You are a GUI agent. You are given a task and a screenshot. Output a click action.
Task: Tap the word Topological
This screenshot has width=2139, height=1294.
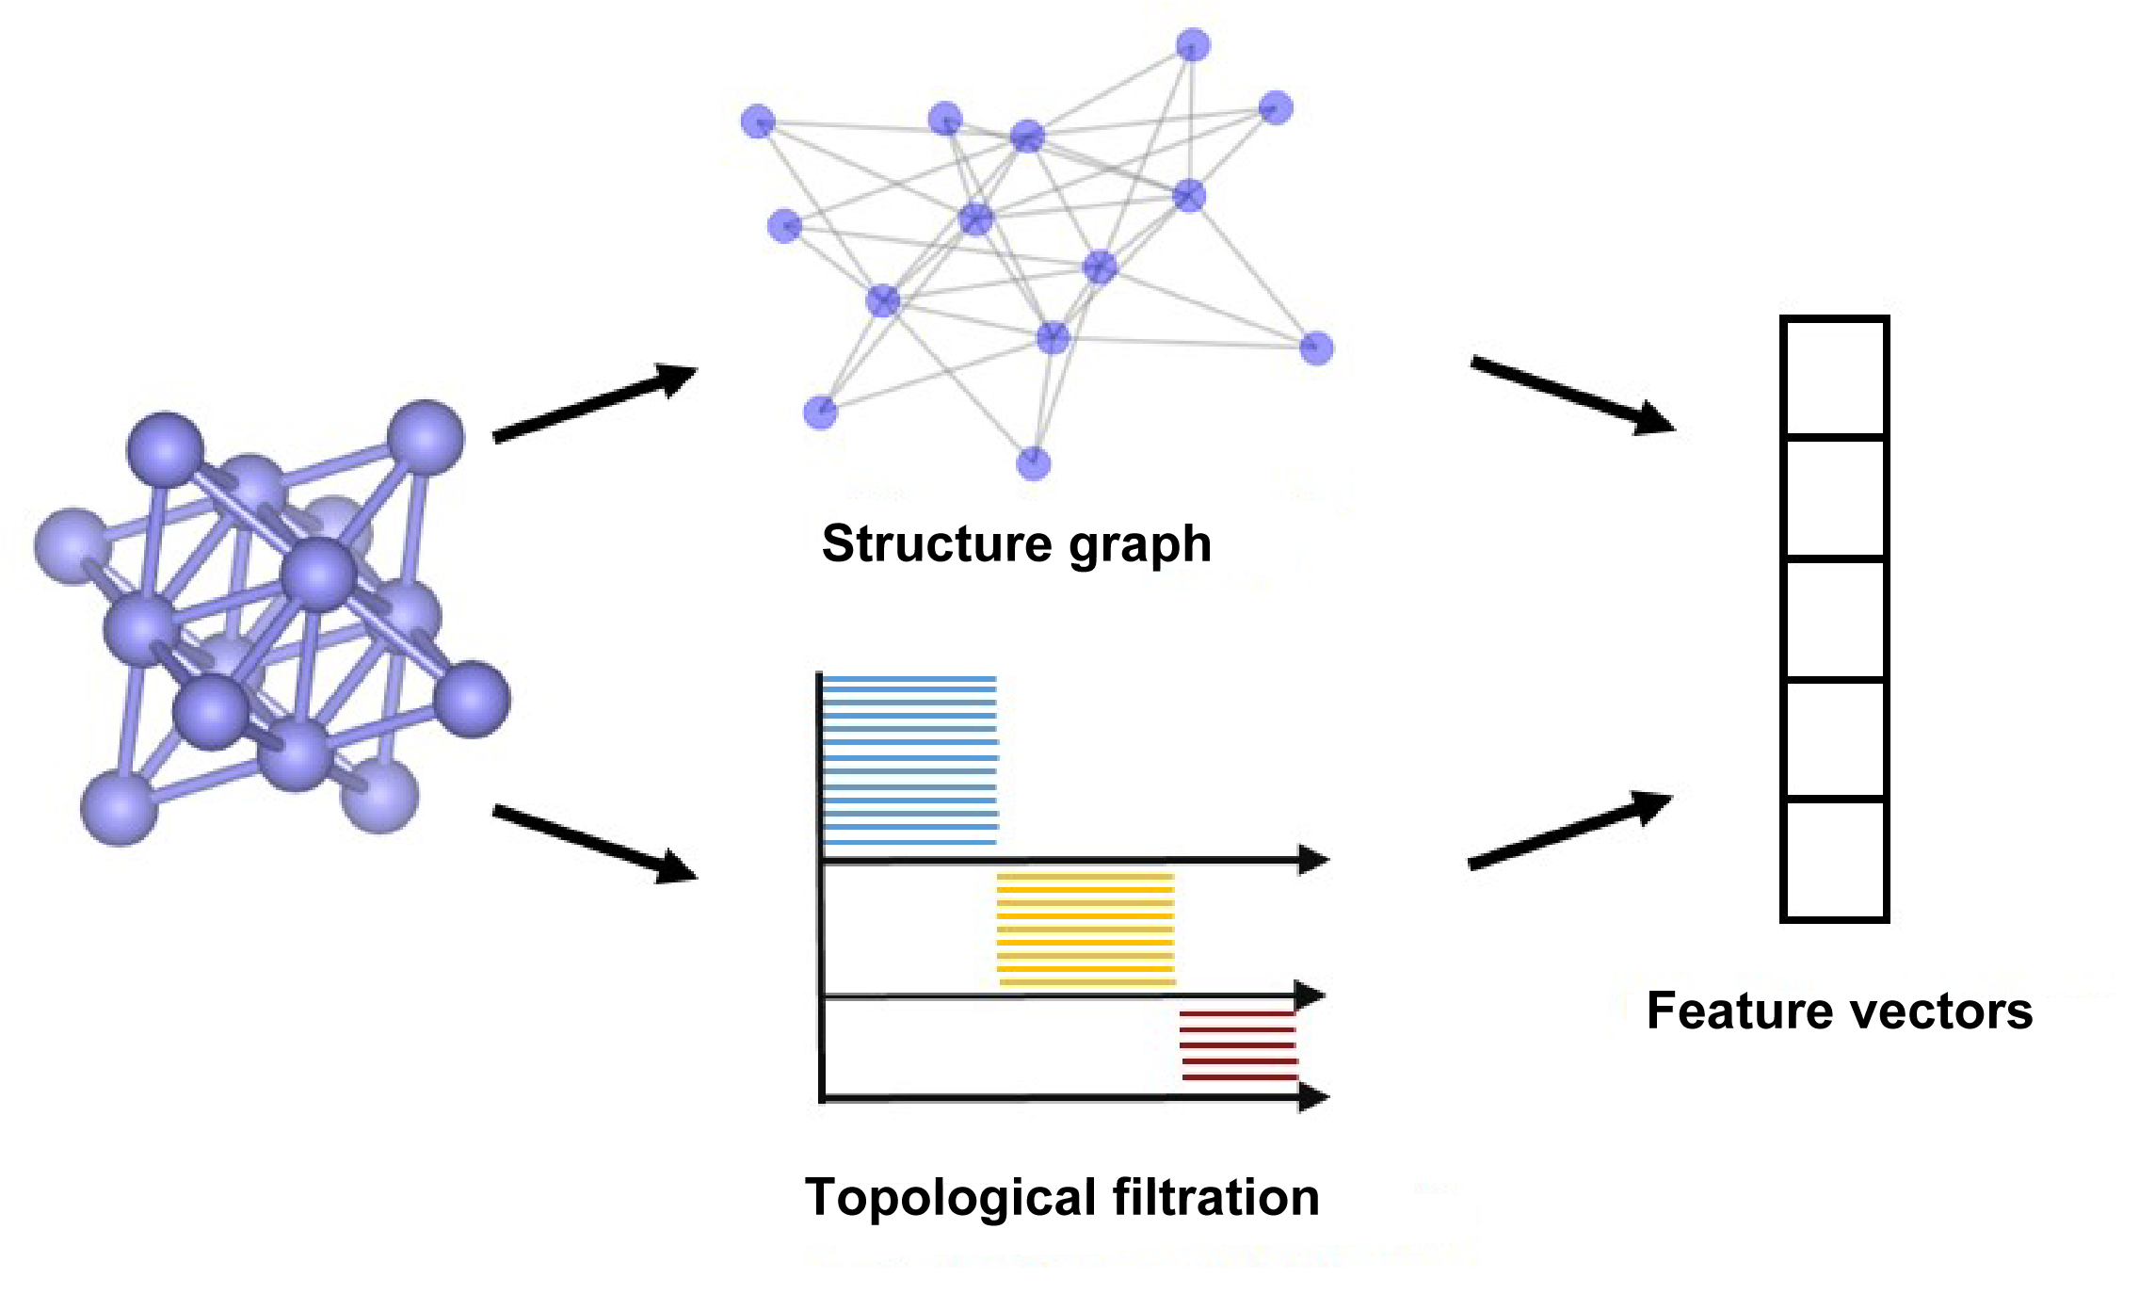950,1198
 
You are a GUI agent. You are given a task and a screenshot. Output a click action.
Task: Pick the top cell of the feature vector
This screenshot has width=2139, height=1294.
1834,378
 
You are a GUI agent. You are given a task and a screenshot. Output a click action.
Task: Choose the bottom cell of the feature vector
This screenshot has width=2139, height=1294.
1834,859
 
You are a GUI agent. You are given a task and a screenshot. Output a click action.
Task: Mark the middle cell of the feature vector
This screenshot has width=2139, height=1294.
1834,619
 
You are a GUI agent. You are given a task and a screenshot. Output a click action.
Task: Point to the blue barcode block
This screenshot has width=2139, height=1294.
909,759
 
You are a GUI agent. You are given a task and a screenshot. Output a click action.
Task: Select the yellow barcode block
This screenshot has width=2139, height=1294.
1086,929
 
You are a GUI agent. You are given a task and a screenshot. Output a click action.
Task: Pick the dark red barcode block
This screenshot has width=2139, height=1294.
1238,1044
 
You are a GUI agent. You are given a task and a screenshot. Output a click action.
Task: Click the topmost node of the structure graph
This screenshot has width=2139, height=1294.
1193,44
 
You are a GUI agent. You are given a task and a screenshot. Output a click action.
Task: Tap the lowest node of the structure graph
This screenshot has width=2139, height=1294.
1033,463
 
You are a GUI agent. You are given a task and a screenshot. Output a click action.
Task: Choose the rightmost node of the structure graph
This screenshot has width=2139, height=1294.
1316,348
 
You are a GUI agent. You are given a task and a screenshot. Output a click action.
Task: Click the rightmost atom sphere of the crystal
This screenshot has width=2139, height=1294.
472,698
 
